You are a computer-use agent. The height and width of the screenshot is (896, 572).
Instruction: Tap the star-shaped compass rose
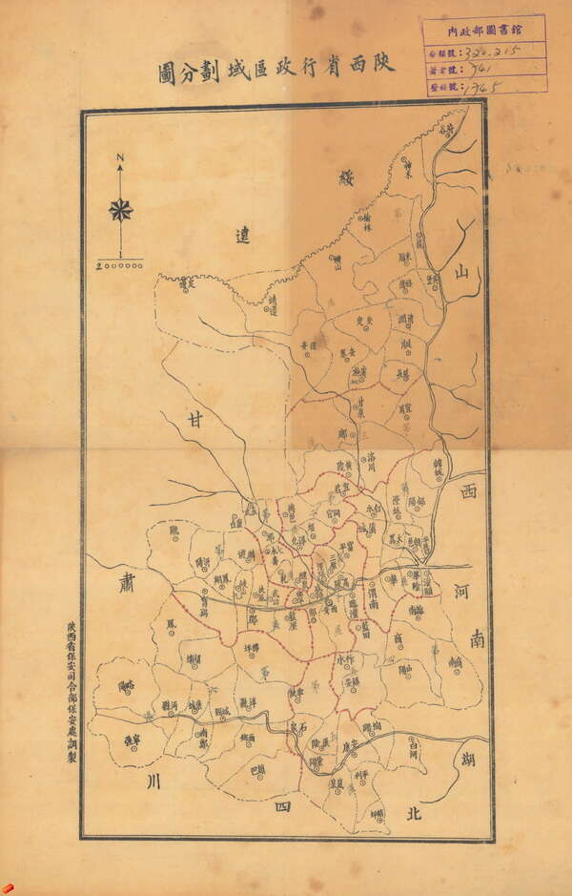point(120,210)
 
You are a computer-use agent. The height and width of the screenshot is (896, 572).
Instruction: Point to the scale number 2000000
point(120,265)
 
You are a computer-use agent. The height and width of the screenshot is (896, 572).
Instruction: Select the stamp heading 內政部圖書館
point(485,30)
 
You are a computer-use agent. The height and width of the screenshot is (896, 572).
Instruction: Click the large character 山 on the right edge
point(461,273)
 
